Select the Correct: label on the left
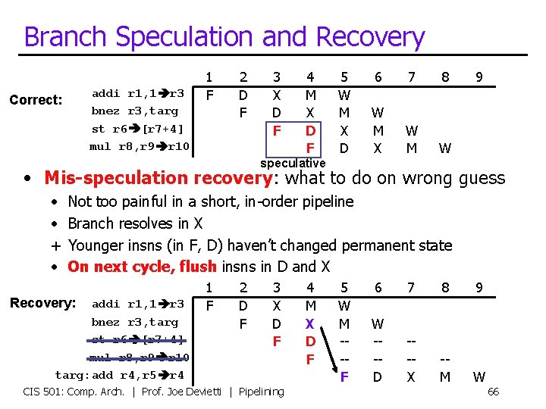pyautogui.click(x=36, y=100)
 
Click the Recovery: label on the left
pyautogui.click(x=42, y=303)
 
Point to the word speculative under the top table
pyautogui.click(x=293, y=163)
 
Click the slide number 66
pyautogui.click(x=492, y=392)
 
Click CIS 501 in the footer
pyautogui.click(x=43, y=392)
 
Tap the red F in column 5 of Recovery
pyautogui.click(x=344, y=375)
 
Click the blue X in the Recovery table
pyautogui.click(x=309, y=323)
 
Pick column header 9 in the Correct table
pyautogui.click(x=479, y=76)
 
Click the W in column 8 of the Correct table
pyautogui.click(x=445, y=148)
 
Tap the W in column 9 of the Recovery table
pyautogui.click(x=479, y=376)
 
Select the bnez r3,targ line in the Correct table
pyautogui.click(x=135, y=111)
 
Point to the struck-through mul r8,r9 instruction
pyautogui.click(x=140, y=357)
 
